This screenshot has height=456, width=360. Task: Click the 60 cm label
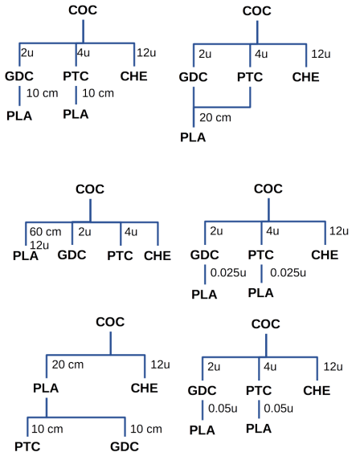pyautogui.click(x=45, y=232)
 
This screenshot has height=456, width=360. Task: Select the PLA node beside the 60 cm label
pyautogui.click(x=26, y=256)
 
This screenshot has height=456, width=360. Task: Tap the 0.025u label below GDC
pyautogui.click(x=228, y=272)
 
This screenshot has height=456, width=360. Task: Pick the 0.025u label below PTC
pyautogui.click(x=288, y=272)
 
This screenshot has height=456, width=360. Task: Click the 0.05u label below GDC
pyautogui.click(x=223, y=409)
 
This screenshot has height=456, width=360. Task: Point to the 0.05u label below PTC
pyautogui.click(x=278, y=409)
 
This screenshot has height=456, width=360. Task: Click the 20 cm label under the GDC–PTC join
pyautogui.click(x=215, y=117)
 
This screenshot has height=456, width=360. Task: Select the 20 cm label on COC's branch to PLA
pyautogui.click(x=67, y=364)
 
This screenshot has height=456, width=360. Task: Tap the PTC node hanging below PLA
pyautogui.click(x=27, y=446)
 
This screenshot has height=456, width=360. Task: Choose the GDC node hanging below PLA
pyautogui.click(x=125, y=446)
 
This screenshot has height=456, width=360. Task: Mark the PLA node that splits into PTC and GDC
pyautogui.click(x=46, y=388)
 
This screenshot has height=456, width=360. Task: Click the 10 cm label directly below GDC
pyautogui.click(x=43, y=93)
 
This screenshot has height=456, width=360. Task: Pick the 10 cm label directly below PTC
pyautogui.click(x=98, y=93)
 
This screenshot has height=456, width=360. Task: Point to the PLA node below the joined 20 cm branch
pyautogui.click(x=193, y=137)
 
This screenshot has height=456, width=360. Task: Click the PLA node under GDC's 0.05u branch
pyautogui.click(x=202, y=430)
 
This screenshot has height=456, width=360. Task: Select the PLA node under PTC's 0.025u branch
pyautogui.click(x=261, y=293)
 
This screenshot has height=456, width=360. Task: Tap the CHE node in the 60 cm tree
pyautogui.click(x=157, y=255)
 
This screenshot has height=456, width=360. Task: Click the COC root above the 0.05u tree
pyautogui.click(x=266, y=324)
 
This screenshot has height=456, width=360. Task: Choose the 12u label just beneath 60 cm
pyautogui.click(x=39, y=245)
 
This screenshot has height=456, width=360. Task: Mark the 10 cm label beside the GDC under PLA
pyautogui.click(x=146, y=429)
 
